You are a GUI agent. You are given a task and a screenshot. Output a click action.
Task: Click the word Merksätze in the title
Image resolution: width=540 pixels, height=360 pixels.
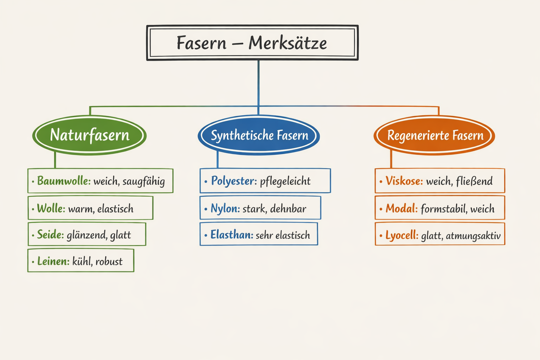(x=288, y=43)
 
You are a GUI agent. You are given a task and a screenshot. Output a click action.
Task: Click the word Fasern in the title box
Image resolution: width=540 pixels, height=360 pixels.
(x=201, y=43)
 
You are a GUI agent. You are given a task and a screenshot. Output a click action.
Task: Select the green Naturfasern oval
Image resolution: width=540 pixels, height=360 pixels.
(x=90, y=135)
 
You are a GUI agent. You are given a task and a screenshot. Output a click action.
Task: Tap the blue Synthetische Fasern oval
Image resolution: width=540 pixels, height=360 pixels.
(x=259, y=135)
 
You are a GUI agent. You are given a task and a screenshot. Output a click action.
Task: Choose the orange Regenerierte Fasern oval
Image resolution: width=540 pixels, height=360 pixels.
(x=435, y=135)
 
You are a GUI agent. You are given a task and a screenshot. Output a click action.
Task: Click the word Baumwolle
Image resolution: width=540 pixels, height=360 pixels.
(x=64, y=181)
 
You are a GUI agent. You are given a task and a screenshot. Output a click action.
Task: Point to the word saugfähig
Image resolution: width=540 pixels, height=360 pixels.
(x=143, y=182)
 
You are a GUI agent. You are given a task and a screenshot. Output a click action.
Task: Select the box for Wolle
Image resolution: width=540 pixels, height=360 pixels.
(x=90, y=208)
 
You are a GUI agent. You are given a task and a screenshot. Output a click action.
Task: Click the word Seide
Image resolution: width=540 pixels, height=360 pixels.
(x=50, y=235)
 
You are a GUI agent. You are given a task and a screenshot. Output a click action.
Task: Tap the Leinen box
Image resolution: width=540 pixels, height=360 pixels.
(x=81, y=261)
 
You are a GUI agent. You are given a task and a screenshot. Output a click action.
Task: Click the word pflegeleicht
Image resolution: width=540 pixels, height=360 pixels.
(x=285, y=181)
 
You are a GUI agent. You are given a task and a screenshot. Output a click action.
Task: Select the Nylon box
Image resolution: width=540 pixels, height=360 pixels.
(x=260, y=208)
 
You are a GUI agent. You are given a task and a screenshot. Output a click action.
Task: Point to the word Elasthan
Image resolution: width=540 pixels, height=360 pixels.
(x=232, y=235)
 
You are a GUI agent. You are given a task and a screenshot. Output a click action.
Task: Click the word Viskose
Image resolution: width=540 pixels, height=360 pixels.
(x=404, y=181)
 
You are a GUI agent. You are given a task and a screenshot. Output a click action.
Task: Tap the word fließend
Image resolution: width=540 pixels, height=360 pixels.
(x=474, y=181)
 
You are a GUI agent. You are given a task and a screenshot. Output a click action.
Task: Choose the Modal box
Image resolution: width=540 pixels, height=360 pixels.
(x=440, y=208)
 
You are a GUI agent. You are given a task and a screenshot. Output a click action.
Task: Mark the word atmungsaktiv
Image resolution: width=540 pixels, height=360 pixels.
(x=473, y=236)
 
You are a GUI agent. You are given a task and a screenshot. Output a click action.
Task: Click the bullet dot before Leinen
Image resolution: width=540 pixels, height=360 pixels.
(x=33, y=262)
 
